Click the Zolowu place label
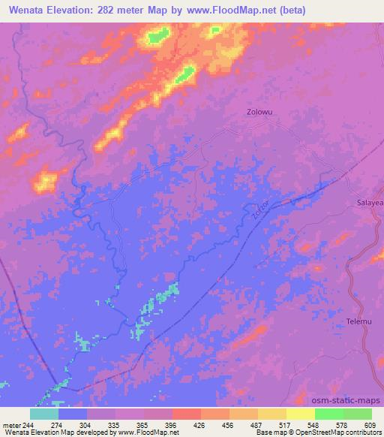tap(259, 113)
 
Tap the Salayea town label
tap(368, 203)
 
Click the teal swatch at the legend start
tap(44, 414)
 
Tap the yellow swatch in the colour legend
tap(300, 414)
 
